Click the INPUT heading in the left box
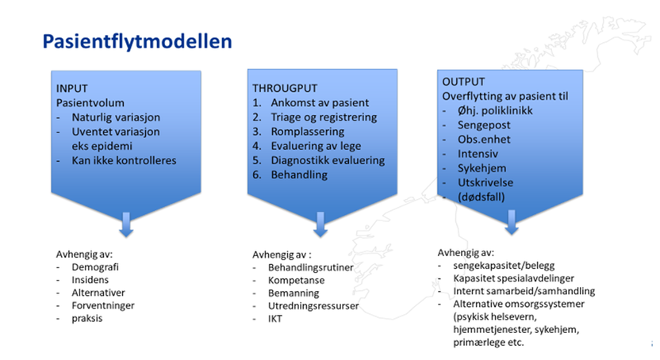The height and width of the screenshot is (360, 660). (x=73, y=89)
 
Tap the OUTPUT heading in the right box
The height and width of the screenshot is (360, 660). (x=463, y=82)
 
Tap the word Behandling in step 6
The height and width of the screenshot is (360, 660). (x=297, y=174)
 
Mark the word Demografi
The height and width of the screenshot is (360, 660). (x=94, y=268)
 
